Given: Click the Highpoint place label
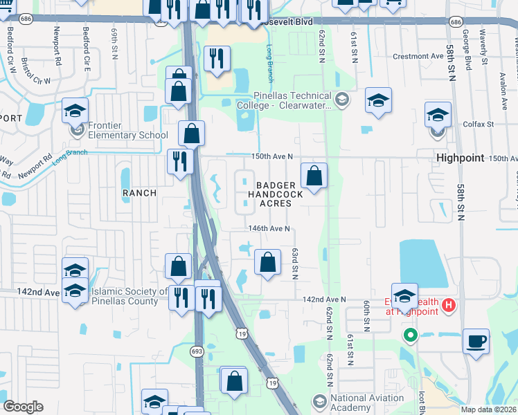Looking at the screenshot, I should pyautogui.click(x=460, y=158).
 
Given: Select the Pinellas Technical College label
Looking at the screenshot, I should pyautogui.click(x=284, y=100).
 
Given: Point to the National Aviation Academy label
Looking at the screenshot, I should pyautogui.click(x=367, y=402).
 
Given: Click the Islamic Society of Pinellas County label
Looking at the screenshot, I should pyautogui.click(x=125, y=296).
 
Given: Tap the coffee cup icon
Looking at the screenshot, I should pyautogui.click(x=476, y=342).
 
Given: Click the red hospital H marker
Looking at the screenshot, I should pyautogui.click(x=448, y=304).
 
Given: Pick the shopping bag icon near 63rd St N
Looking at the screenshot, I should pyautogui.click(x=267, y=262).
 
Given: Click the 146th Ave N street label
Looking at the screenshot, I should pyautogui.click(x=269, y=229).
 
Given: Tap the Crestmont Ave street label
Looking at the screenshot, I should pyautogui.click(x=418, y=57).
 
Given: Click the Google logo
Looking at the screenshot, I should pyautogui.click(x=24, y=407).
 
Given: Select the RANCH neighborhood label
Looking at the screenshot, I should pyautogui.click(x=139, y=192).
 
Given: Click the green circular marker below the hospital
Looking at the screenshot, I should pyautogui.click(x=410, y=336).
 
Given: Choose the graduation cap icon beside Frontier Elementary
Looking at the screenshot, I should pyautogui.click(x=75, y=111).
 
